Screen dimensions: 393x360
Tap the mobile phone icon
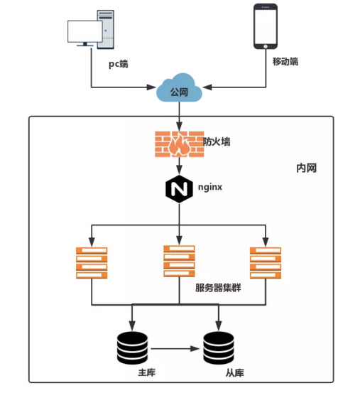(265, 27)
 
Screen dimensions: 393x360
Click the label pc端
(118, 63)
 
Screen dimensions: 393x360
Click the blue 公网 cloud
(180, 90)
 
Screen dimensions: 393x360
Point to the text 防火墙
(217, 142)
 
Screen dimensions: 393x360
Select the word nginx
(210, 188)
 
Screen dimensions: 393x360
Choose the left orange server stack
(91, 262)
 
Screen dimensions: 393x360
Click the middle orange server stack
(179, 261)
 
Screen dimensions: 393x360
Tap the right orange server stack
(266, 262)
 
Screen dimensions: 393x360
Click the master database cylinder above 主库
(131, 348)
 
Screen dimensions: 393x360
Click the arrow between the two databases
(175, 348)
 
